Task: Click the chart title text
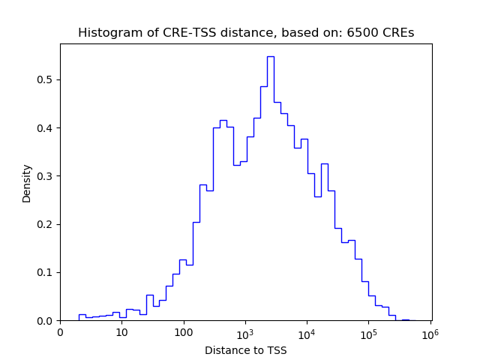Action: (246, 33)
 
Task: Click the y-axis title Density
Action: (27, 183)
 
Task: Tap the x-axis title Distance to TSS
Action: (246, 350)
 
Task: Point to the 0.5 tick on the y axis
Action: (46, 80)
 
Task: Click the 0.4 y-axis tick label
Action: (46, 128)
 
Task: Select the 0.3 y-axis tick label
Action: (46, 176)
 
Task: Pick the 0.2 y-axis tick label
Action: (46, 224)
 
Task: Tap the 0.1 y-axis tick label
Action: (46, 272)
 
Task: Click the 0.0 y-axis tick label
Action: (46, 321)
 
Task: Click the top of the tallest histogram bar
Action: (270, 56)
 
